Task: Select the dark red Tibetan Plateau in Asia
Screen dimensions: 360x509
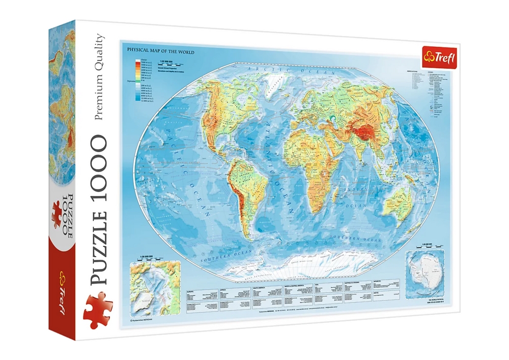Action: pos(363,133)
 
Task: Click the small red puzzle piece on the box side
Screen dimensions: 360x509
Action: pos(56,214)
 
